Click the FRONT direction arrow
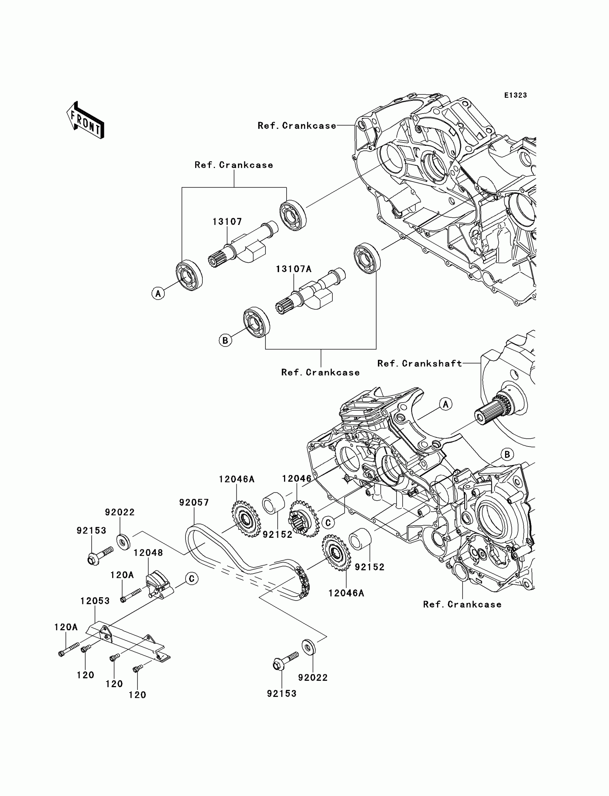86,120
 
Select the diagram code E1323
516,95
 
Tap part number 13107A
294,269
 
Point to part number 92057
194,502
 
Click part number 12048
148,553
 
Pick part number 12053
95,601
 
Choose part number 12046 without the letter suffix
297,479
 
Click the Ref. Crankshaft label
420,363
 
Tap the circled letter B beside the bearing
225,341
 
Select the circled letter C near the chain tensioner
192,579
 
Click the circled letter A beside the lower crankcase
446,404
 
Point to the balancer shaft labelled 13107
243,243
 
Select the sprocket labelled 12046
303,518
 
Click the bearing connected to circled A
189,275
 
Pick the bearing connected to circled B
256,323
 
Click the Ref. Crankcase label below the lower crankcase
462,604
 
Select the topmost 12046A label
237,479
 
